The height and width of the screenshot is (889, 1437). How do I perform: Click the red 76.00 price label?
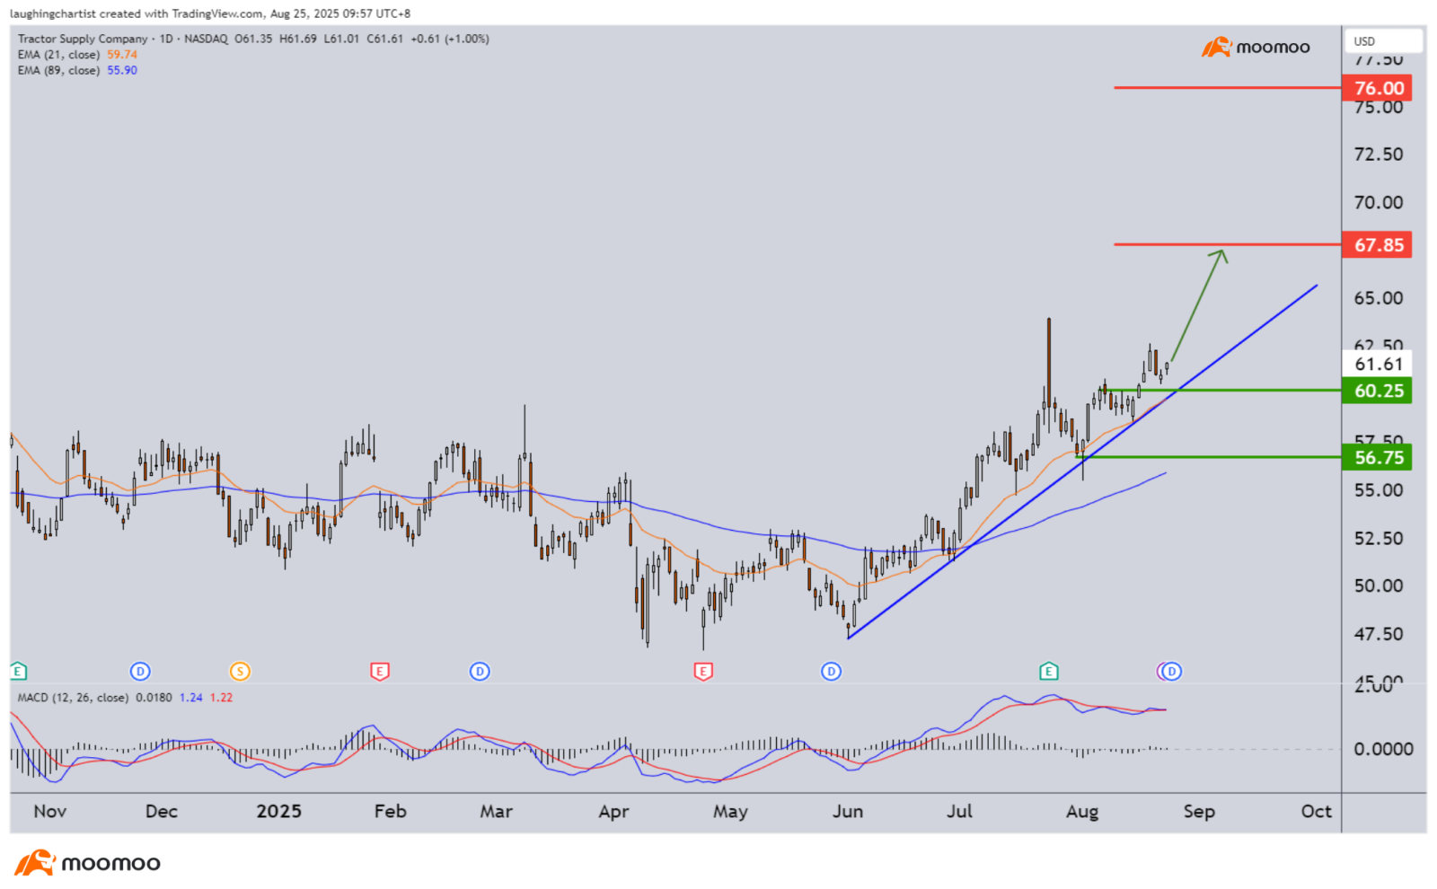click(x=1377, y=88)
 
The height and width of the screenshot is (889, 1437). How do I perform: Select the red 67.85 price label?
click(x=1377, y=245)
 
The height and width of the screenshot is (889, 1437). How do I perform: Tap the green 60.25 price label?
click(x=1377, y=391)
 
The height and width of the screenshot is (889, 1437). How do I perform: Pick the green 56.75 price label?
click(x=1377, y=458)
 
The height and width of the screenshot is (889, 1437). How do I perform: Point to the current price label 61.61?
click(x=1377, y=364)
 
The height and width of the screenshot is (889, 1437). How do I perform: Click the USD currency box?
click(x=1382, y=41)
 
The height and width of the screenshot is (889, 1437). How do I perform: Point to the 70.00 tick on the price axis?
click(x=1378, y=203)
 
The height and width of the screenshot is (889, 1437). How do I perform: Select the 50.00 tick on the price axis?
click(x=1378, y=586)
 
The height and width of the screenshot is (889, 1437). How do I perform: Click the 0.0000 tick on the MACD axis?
click(x=1383, y=749)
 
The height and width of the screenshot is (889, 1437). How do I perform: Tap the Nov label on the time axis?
click(x=50, y=812)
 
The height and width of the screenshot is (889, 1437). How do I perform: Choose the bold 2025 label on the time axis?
click(x=278, y=812)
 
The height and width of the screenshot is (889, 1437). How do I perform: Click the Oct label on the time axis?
click(x=1316, y=812)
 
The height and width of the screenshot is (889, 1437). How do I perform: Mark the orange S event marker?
click(x=239, y=671)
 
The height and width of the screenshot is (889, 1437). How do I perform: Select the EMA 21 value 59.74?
click(x=122, y=55)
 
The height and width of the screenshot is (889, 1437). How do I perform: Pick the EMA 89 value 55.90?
click(x=122, y=71)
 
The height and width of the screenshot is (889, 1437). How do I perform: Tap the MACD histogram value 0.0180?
click(x=154, y=698)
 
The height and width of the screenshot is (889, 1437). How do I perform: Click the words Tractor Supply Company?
click(x=83, y=39)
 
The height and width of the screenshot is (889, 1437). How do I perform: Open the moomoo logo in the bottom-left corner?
click(x=88, y=863)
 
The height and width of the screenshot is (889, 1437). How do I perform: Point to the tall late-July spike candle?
click(x=1048, y=359)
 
